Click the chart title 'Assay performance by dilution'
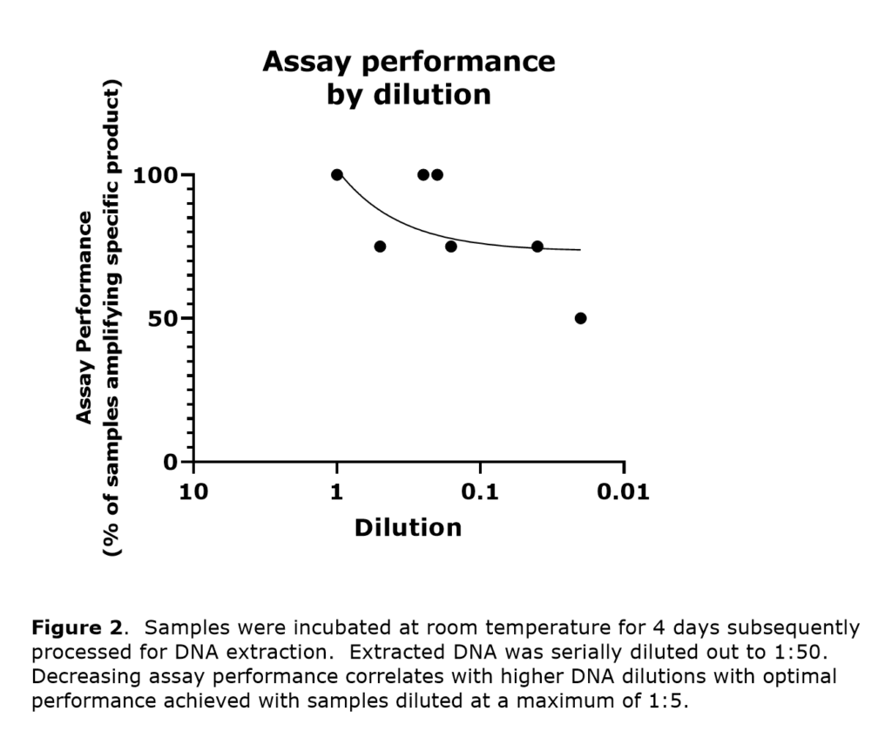(x=409, y=78)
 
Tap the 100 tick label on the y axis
(x=156, y=175)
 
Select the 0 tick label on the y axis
(x=172, y=461)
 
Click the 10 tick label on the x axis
(x=193, y=492)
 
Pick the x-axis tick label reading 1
(x=336, y=492)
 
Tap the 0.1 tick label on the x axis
(x=480, y=492)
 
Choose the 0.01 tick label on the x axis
(x=623, y=492)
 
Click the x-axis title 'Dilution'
(x=408, y=528)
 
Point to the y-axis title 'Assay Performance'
(x=84, y=318)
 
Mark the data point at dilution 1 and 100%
(x=337, y=174)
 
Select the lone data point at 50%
(x=580, y=318)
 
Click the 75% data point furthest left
(x=380, y=247)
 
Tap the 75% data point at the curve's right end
(x=537, y=247)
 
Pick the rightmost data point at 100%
(x=437, y=174)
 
